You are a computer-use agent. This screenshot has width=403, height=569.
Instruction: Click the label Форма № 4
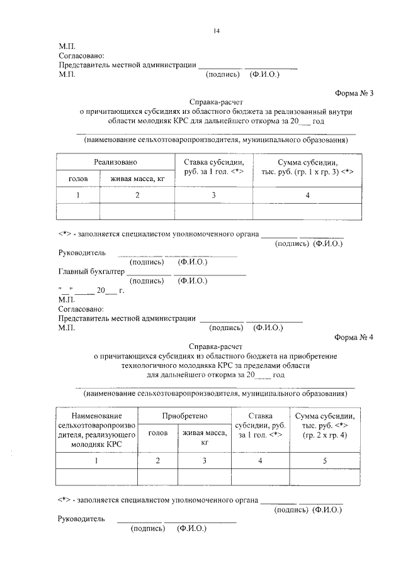[x=355, y=336]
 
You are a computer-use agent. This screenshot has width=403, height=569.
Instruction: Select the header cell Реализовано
[x=115, y=162]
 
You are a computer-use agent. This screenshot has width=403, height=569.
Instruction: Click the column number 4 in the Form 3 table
[x=308, y=196]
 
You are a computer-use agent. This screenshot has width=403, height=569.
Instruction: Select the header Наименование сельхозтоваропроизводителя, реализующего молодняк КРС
[x=96, y=429]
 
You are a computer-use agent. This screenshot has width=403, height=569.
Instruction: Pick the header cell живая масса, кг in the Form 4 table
[x=204, y=437]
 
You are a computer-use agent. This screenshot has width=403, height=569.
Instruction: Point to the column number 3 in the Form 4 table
[x=204, y=461]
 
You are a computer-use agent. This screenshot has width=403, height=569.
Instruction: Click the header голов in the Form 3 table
[x=79, y=179]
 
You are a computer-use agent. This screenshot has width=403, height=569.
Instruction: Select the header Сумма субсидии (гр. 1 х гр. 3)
[x=308, y=167]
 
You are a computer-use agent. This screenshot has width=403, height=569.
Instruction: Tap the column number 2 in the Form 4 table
[x=157, y=461]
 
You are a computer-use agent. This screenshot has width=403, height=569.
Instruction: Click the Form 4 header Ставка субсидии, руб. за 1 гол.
[x=260, y=426]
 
